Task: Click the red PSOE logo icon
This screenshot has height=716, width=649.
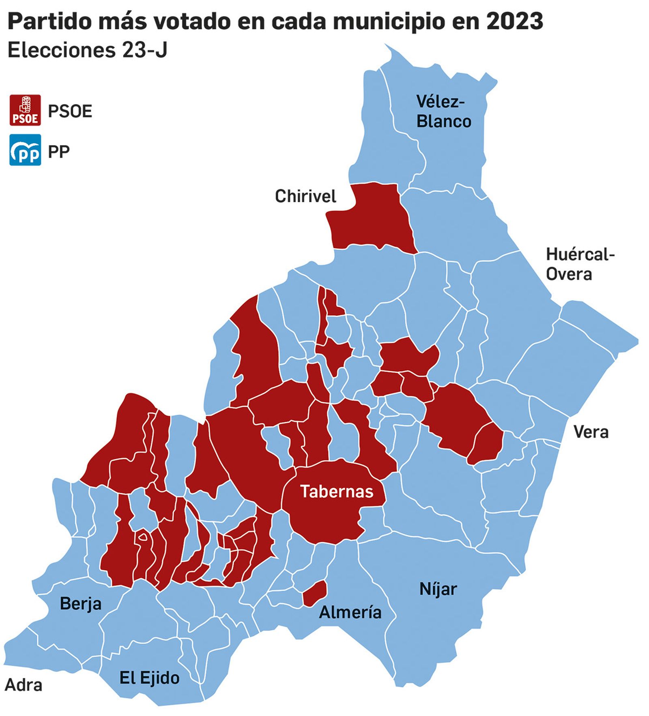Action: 25,110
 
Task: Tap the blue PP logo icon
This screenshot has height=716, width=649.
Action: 25,150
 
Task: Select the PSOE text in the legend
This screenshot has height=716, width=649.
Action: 70,111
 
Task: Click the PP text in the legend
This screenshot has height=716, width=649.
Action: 59,152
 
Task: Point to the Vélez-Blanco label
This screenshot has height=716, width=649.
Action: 443,111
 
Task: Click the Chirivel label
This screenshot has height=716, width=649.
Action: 305,197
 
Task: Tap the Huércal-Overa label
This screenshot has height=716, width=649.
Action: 580,264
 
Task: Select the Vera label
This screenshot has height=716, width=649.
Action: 591,432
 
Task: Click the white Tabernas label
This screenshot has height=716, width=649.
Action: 336,492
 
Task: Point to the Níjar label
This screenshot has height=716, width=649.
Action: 438,589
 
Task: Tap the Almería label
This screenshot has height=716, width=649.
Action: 350,612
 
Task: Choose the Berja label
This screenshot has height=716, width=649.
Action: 80,604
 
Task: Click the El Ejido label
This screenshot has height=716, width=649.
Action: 149,678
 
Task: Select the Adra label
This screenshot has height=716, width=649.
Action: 24,685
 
